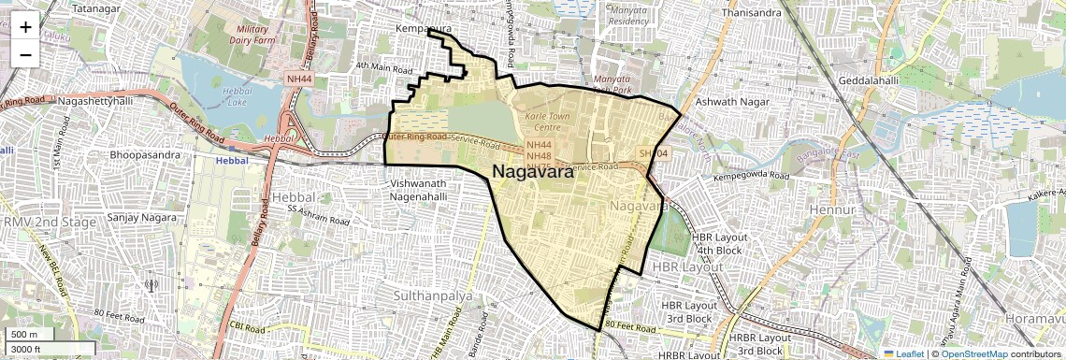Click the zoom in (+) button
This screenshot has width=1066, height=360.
(x=25, y=27)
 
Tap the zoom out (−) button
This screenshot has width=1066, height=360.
(x=25, y=54)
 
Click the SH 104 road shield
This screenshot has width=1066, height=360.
(x=655, y=152)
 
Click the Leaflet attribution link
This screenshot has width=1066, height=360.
(x=903, y=354)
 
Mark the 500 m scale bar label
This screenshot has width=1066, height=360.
(x=24, y=335)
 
